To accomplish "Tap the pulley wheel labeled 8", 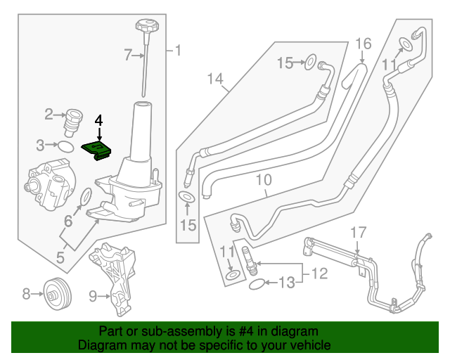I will pyautogui.click(x=56, y=294).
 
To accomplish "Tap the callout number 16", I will pyautogui.click(x=362, y=44).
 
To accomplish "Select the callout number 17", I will pyautogui.click(x=358, y=232).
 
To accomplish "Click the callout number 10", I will pyautogui.click(x=263, y=181).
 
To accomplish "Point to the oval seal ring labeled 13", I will pyautogui.click(x=257, y=284).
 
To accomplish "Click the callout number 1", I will pyautogui.click(x=177, y=50).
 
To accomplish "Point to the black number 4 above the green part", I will pyautogui.click(x=99, y=120).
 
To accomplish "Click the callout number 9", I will pyautogui.click(x=94, y=296).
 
